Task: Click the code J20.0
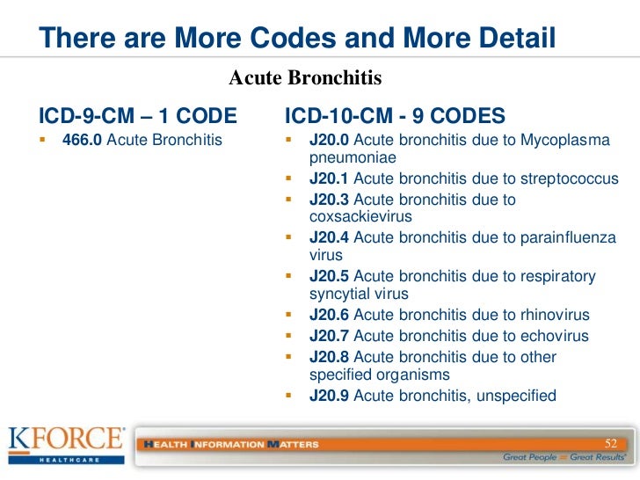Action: (x=329, y=141)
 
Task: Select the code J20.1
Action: (x=329, y=179)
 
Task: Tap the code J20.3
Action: (x=329, y=200)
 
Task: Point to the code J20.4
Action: (x=329, y=237)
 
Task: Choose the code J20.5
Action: (x=329, y=277)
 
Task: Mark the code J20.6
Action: (x=329, y=315)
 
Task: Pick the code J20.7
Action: (x=329, y=336)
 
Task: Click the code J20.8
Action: (x=329, y=357)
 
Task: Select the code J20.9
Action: (x=329, y=396)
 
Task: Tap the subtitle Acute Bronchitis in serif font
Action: (x=305, y=78)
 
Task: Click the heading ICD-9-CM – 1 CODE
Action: (x=138, y=116)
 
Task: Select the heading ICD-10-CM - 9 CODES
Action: (x=396, y=116)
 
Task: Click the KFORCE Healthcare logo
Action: (x=67, y=443)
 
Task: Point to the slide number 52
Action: (x=612, y=441)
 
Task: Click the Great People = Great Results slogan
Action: (x=564, y=457)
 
